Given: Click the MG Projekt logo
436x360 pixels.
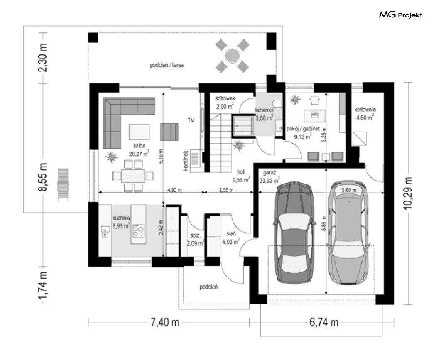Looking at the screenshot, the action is [x=401, y=15].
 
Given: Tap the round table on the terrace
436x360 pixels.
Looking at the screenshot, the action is [x=232, y=56].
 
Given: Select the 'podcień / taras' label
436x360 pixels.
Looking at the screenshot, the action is [x=167, y=65].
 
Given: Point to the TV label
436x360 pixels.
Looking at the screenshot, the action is [x=191, y=120].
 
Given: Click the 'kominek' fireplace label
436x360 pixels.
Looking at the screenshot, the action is [x=186, y=160].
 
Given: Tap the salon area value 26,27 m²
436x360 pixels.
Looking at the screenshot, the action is [x=139, y=154].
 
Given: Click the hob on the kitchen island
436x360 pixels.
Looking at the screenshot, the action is [x=138, y=230].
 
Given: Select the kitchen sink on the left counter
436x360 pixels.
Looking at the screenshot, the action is [x=105, y=232].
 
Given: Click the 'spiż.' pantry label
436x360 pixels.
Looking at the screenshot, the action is [x=196, y=235].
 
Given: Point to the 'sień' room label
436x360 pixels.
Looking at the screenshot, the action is [x=231, y=234].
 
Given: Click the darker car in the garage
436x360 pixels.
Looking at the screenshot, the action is [x=294, y=233].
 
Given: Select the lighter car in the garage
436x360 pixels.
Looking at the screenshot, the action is [x=349, y=233].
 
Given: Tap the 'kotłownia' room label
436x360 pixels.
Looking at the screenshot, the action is [x=365, y=110].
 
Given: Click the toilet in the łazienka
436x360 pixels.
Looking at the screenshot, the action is [x=278, y=103].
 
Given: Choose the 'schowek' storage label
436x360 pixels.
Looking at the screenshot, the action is [x=225, y=98].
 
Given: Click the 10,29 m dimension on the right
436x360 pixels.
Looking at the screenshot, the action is [x=408, y=193].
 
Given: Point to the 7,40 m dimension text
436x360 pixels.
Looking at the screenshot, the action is [x=165, y=323].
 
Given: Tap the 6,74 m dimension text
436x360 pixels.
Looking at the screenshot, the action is [x=324, y=323].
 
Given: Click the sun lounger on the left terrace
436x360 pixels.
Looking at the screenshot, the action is [x=63, y=184].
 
